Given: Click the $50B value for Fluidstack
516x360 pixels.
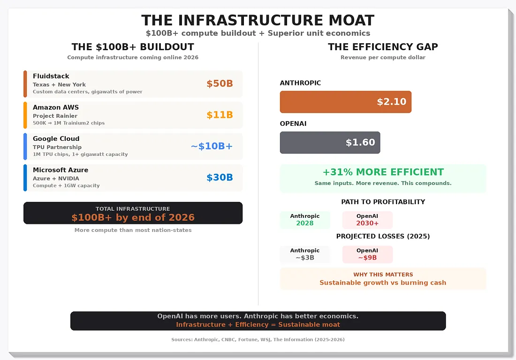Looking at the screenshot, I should coord(220,84).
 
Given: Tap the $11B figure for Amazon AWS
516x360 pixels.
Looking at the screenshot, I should coord(220,115).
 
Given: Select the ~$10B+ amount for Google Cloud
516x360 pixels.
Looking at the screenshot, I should coord(212,146).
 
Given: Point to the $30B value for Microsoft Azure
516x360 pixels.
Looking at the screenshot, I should coord(220,178).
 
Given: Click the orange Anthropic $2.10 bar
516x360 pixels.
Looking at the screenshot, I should coord(345,102).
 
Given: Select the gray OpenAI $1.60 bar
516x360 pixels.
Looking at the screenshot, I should coord(330,143).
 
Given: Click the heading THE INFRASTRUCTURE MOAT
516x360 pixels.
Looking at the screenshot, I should coord(258,21).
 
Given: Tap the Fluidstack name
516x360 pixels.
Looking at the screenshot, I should coord(51,76).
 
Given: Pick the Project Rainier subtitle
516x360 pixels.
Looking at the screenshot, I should coord(55,116).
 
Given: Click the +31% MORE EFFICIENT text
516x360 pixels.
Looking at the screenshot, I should coord(383,172).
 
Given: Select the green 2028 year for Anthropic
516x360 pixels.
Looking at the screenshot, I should coord(305,223).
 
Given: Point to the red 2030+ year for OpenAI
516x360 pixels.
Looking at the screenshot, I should coord(367,223).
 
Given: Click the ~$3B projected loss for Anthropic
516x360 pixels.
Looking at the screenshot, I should coord(305,258).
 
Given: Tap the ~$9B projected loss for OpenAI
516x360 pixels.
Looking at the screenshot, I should coord(367,258).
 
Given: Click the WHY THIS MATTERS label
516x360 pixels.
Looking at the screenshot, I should coord(383,275).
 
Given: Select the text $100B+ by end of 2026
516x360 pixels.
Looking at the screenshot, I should coord(133,218).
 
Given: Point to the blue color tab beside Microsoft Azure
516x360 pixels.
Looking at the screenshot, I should coord(25,178).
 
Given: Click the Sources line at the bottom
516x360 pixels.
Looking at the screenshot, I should coord(258,339).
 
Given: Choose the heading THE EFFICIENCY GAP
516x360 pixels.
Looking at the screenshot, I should coord(383,47).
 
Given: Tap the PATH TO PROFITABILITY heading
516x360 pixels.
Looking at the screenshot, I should coord(383,202).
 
